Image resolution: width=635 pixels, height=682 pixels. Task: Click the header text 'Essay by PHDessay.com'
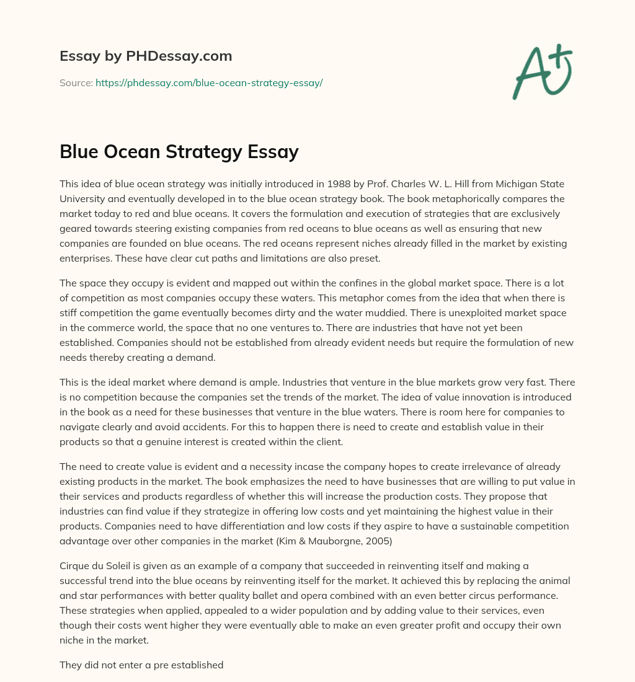146,56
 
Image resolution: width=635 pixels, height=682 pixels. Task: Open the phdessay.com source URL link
209,82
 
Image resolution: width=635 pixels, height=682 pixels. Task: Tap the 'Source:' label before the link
76,82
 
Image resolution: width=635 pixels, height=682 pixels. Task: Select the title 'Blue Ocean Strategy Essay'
179,152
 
